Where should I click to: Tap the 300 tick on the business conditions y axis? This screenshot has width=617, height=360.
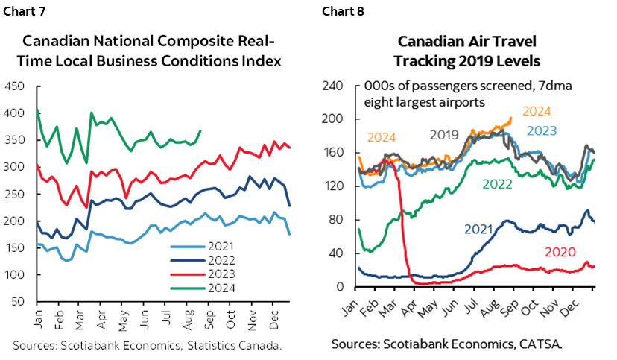pos(16,167)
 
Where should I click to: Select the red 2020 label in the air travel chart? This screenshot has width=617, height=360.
pos(560,253)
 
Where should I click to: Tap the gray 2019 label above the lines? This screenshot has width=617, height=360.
pos(445,135)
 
